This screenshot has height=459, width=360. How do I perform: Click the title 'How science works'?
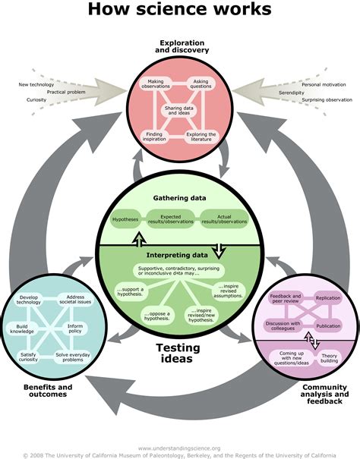(x=179, y=11)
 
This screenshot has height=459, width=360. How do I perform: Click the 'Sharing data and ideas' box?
(x=180, y=111)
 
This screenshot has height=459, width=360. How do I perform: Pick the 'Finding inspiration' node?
(x=155, y=137)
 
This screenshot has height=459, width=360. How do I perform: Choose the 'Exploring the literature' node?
(x=202, y=137)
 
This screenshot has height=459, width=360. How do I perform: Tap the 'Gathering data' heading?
(x=179, y=198)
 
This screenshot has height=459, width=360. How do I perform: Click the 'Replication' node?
(x=327, y=299)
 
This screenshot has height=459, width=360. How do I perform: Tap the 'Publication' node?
(x=328, y=325)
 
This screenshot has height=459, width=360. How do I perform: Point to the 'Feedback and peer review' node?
(x=286, y=297)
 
